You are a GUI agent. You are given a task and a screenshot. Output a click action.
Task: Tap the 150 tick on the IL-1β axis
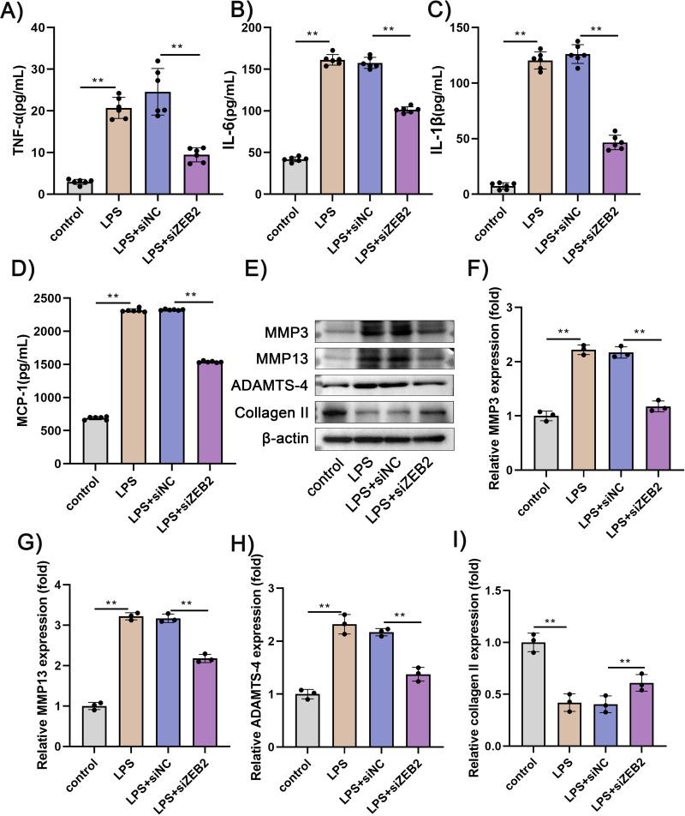[469, 28]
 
